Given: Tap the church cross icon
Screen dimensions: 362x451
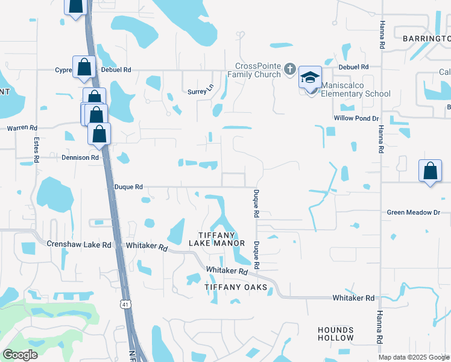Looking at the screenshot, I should (x=289, y=69).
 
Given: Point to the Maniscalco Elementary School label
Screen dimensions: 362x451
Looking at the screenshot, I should (x=355, y=89).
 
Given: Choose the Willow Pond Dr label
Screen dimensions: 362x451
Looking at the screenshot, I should (x=356, y=119).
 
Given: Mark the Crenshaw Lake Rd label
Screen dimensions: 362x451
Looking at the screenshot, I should (x=79, y=245).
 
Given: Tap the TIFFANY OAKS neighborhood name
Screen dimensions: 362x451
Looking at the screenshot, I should (x=235, y=287).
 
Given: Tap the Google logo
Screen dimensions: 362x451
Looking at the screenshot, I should (x=20, y=355).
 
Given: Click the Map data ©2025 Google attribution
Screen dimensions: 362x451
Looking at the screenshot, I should (x=414, y=357).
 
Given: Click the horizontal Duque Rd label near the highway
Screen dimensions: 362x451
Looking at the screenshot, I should (x=128, y=187).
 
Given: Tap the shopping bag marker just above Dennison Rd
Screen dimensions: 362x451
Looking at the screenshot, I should (x=99, y=133).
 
